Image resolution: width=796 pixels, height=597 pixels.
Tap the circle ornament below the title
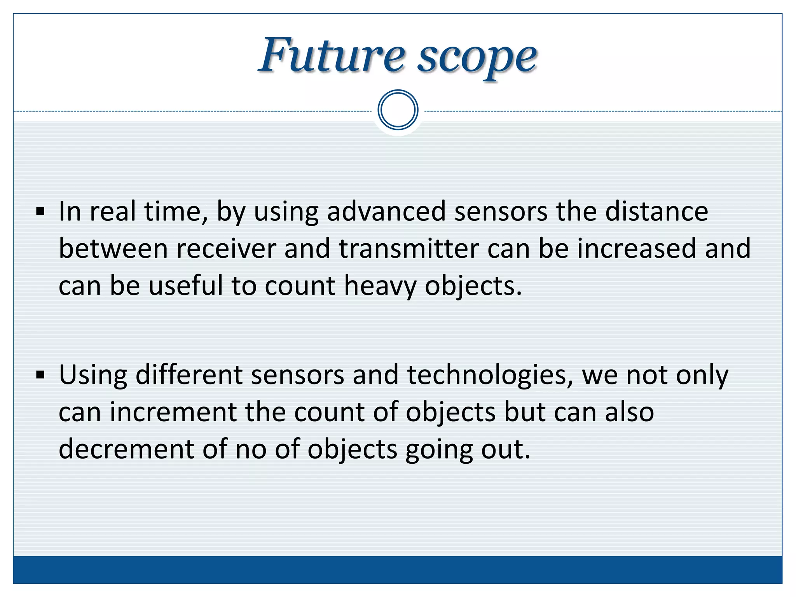click(x=398, y=110)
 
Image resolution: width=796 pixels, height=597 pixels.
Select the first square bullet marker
click(x=40, y=212)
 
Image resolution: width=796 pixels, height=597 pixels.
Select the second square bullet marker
click(x=40, y=375)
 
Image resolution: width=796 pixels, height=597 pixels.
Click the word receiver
click(x=226, y=249)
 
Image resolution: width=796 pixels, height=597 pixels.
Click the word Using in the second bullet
click(x=93, y=375)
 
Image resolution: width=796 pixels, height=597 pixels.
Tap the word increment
click(x=173, y=412)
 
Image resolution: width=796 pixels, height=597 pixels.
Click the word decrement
click(x=126, y=449)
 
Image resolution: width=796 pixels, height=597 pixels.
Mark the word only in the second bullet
click(x=702, y=375)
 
